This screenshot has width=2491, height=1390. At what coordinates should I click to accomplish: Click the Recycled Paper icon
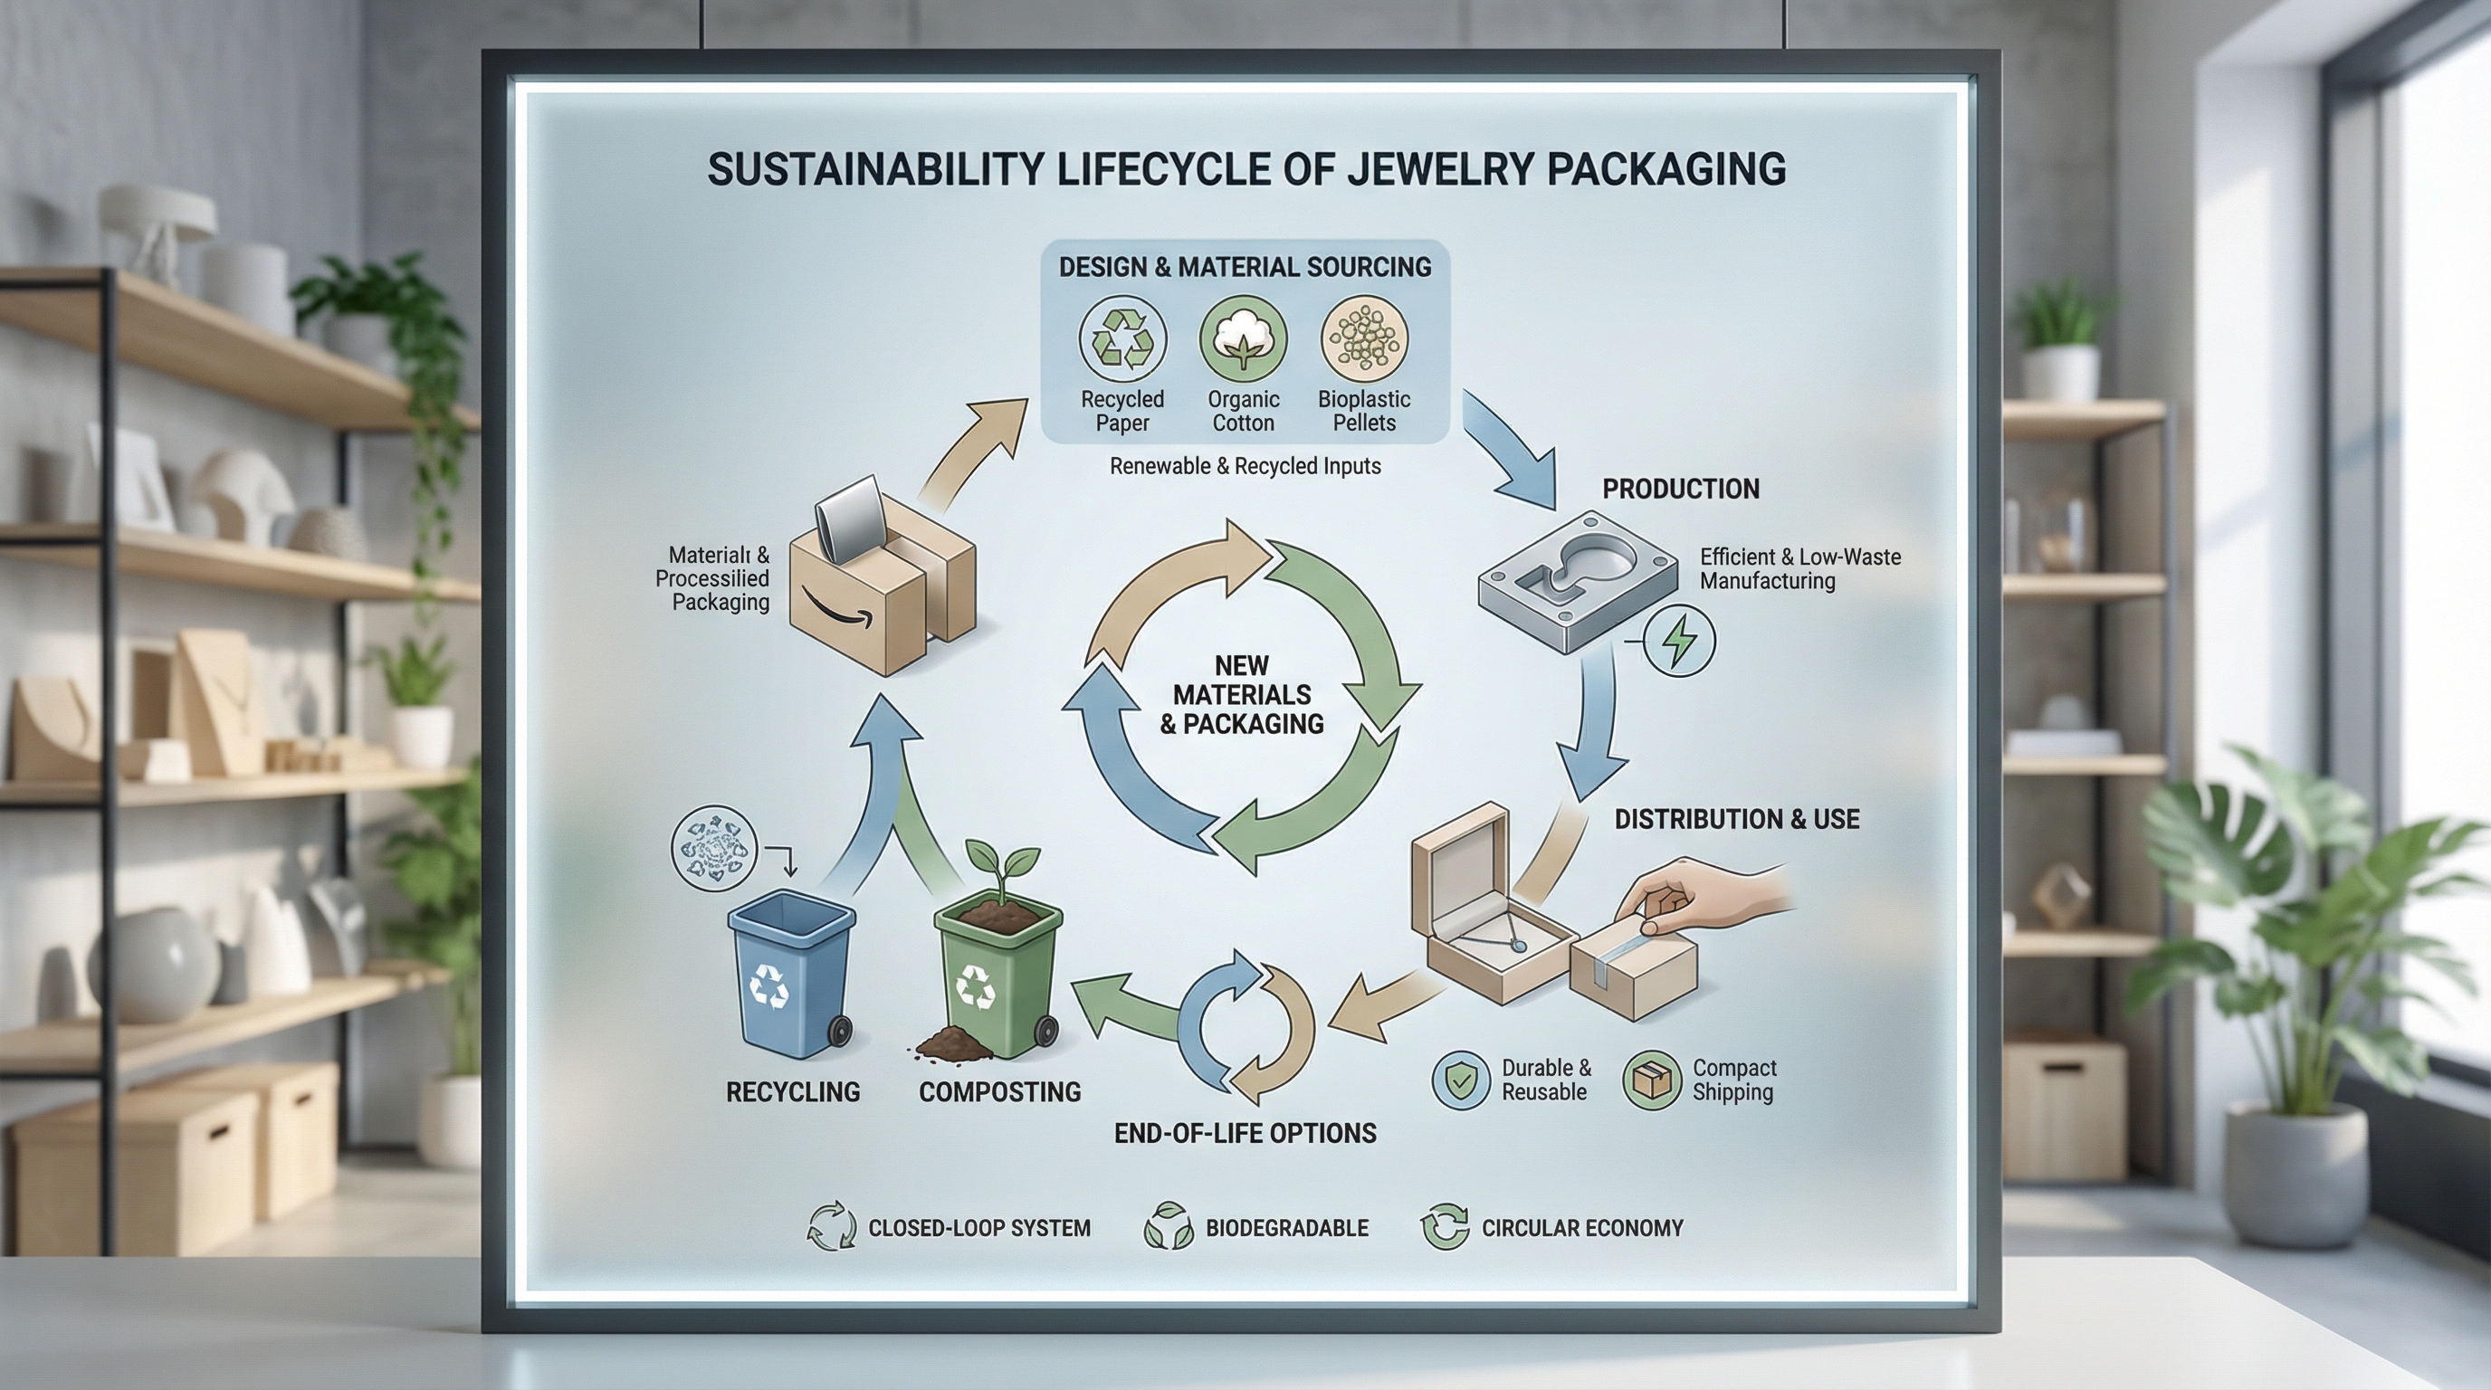[1122, 339]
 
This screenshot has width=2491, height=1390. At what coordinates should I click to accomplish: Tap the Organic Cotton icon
[1244, 339]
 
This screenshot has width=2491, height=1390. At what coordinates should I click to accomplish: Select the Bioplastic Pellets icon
[1364, 339]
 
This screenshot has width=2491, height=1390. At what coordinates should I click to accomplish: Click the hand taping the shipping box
[1702, 894]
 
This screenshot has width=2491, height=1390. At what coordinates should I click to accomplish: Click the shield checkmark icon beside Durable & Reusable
[1460, 1080]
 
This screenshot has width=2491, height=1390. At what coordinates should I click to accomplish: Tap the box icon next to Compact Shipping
[1653, 1080]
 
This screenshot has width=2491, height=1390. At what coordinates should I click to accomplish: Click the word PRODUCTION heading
[1681, 489]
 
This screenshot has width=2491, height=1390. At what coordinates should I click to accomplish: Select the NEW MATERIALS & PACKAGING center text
[1242, 695]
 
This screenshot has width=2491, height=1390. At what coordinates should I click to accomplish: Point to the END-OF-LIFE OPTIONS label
[1245, 1133]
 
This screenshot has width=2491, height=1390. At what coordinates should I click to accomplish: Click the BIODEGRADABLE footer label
[1286, 1229]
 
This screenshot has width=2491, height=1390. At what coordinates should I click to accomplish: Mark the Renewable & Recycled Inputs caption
[1245, 466]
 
